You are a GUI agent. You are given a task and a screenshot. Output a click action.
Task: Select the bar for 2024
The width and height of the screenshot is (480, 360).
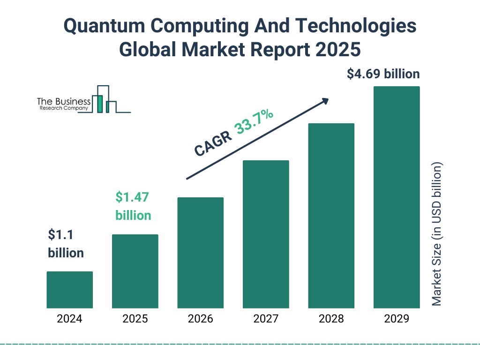(69, 290)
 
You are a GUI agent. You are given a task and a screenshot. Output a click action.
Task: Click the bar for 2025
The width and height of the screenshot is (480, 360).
(135, 271)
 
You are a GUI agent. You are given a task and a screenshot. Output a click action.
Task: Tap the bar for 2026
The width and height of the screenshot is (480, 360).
(200, 253)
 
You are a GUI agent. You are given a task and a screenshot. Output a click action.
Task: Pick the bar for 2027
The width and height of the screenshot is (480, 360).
(266, 234)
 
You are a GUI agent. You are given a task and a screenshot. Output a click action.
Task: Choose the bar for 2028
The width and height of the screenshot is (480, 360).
(331, 216)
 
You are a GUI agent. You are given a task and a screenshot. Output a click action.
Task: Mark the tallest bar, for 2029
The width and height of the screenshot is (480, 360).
(397, 197)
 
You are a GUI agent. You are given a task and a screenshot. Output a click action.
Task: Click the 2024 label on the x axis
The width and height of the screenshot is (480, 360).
(69, 319)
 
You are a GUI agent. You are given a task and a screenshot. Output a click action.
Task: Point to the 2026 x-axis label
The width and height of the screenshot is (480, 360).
(200, 319)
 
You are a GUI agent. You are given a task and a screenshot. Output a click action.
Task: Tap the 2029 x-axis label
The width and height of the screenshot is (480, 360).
(397, 319)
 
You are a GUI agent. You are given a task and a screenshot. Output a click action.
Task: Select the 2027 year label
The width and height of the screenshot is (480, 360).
(266, 319)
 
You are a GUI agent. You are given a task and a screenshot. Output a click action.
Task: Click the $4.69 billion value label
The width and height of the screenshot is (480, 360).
(383, 74)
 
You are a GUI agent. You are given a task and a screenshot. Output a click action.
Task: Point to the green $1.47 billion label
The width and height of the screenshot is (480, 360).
(133, 206)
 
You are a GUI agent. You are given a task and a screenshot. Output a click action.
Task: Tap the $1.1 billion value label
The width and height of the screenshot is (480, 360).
(66, 243)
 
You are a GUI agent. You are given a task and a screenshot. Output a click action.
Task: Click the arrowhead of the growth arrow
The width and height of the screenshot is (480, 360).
(324, 101)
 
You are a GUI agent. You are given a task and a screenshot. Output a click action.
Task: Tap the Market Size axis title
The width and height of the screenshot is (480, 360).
(436, 234)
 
